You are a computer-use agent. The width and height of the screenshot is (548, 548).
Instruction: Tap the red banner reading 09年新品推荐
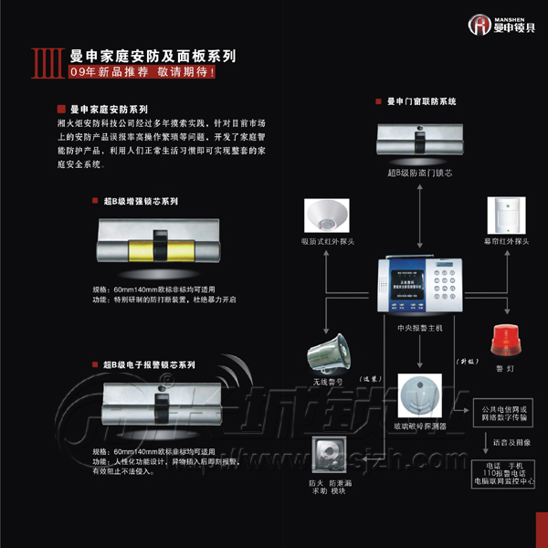[142, 72]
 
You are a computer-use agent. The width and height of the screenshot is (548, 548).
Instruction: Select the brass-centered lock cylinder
[157, 246]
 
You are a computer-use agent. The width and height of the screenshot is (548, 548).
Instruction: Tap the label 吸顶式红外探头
[326, 241]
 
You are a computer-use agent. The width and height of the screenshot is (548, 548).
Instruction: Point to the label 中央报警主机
[419, 326]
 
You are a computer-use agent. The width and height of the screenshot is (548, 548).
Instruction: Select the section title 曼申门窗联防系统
[421, 100]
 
